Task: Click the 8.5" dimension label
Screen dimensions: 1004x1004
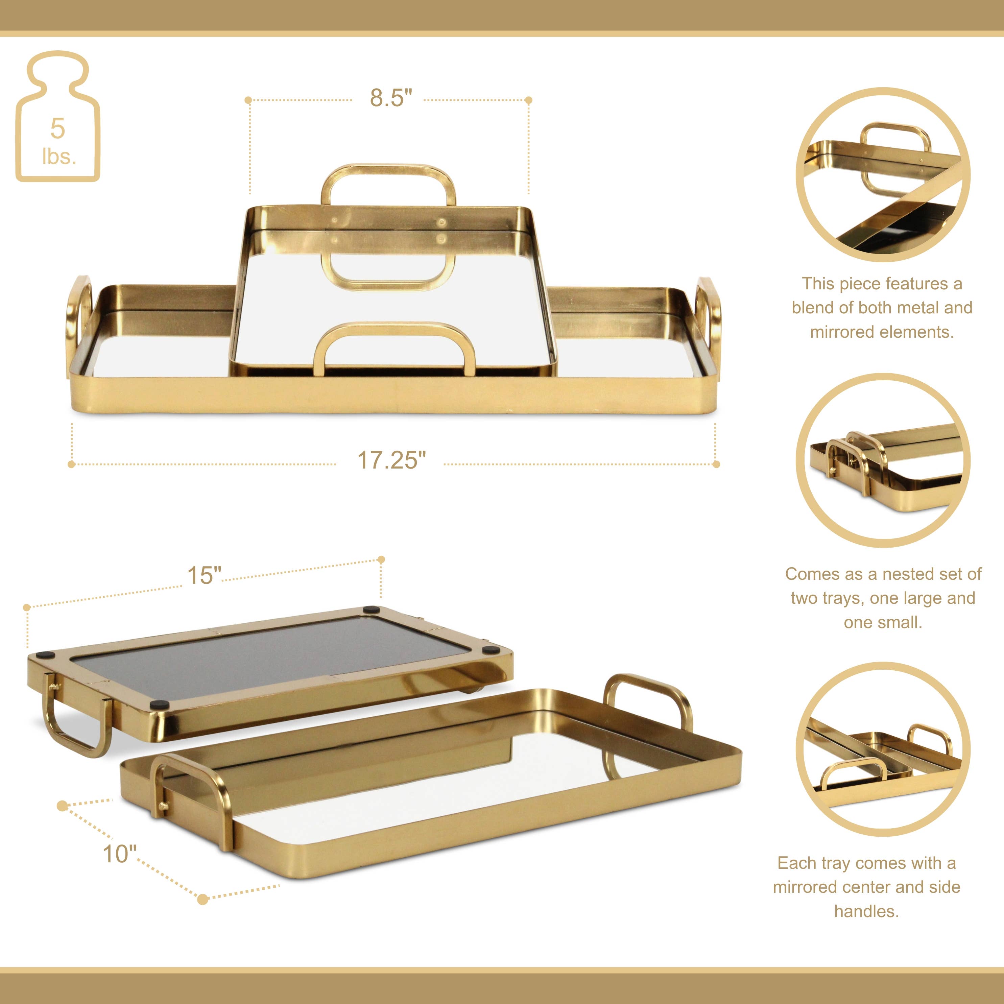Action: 391,98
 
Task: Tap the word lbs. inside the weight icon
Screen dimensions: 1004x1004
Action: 59,157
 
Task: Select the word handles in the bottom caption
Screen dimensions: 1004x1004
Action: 866,911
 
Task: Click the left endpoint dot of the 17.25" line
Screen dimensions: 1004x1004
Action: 72,464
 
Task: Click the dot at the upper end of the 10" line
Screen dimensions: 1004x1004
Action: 62,806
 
